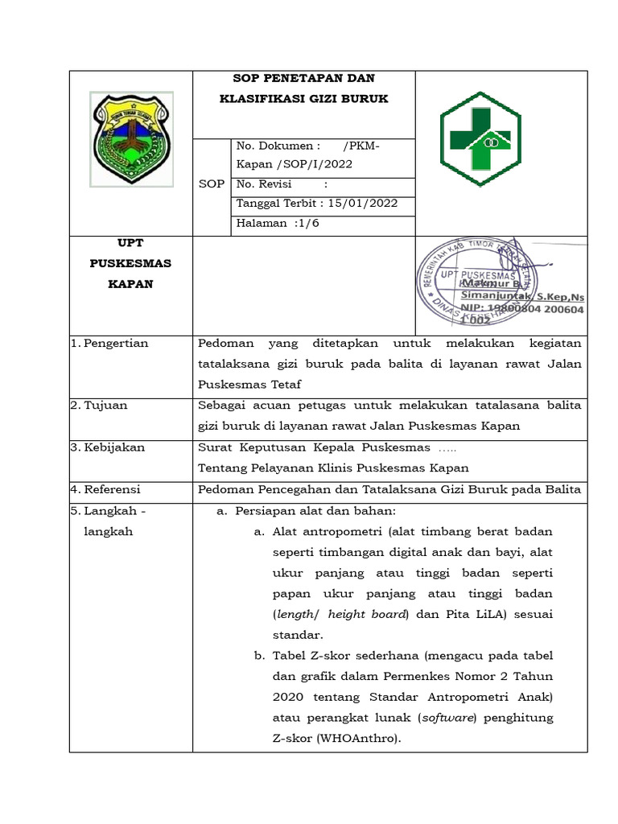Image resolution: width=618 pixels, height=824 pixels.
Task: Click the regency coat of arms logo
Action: (130, 138)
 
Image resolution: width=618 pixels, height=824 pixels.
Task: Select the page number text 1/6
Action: (306, 224)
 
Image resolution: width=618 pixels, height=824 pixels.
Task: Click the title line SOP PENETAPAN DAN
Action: (303, 78)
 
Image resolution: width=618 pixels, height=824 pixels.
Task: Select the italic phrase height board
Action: (367, 614)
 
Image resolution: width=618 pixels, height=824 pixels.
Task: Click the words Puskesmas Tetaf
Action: (249, 385)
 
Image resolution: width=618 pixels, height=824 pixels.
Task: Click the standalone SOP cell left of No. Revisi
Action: (212, 184)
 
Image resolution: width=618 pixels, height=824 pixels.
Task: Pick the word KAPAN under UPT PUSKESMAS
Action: (130, 284)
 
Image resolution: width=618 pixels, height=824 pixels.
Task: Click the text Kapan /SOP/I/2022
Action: (295, 163)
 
